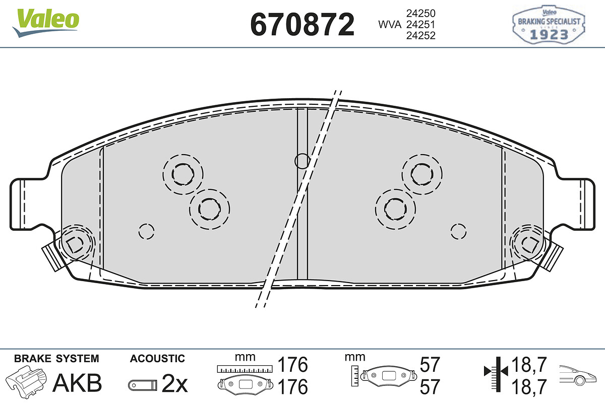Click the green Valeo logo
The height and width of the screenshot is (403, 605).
pos(46,23)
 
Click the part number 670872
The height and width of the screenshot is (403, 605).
pos(302,24)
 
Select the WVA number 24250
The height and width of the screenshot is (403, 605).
pos(421,13)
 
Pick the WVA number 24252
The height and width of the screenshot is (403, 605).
pos(421,36)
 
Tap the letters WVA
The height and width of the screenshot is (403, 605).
pos(390,25)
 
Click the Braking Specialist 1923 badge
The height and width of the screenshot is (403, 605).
pos(549,25)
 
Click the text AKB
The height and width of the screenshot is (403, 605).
pos(77,383)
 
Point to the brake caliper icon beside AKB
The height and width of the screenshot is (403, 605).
pos(26,381)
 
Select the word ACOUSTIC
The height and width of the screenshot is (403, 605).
pos(157,359)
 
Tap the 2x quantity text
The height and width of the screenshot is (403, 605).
pos(174,383)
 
